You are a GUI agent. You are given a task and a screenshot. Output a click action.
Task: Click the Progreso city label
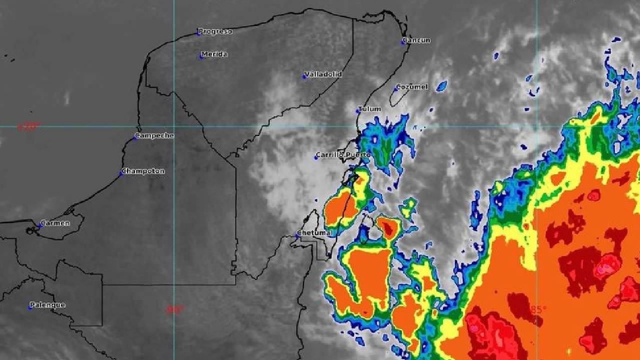pos(215,31)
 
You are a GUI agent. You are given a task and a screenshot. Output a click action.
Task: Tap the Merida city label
pos(214,54)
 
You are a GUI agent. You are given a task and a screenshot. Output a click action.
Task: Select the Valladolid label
pos(323,74)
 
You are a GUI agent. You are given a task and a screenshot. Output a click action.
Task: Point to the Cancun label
pos(417,40)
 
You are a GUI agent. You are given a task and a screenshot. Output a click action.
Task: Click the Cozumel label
pos(412,86)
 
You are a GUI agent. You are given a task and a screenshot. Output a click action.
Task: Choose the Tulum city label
pos(370,108)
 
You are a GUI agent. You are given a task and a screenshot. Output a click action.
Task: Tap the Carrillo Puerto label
pos(344,155)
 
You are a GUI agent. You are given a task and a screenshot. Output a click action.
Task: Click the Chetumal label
pos(315,233)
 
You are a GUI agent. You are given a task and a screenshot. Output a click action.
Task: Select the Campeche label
pos(155,135)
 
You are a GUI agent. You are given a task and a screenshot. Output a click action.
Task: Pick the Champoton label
pos(143,171)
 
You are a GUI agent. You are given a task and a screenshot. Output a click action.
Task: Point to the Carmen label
pos(55,223)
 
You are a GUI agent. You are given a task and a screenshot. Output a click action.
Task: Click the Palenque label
pos(48,305)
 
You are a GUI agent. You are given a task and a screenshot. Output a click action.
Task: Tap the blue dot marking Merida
pos(201,56)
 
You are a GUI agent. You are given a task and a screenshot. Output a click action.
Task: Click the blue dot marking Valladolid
pos(304,76)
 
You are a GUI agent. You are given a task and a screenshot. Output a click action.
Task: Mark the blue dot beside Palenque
pos(30,307)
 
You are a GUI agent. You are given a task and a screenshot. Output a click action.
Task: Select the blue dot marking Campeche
pos(135,137)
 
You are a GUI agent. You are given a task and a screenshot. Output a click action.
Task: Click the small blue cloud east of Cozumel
pos(441,86)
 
